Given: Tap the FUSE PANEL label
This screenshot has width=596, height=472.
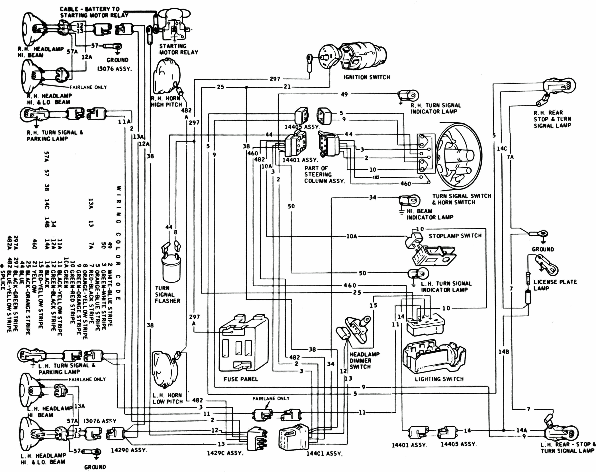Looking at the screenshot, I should point(241,379).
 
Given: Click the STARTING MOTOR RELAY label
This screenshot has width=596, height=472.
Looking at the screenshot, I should point(178,49).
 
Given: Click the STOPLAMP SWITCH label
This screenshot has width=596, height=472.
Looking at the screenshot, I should point(455,236).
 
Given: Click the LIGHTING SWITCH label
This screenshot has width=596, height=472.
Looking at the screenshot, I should point(439,379).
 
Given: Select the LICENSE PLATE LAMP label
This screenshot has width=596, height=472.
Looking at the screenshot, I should point(555,285).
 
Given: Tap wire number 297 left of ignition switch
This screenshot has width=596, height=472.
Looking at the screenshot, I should point(275,79).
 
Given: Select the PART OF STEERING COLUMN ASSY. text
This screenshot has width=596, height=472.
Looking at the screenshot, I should point(324,174).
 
